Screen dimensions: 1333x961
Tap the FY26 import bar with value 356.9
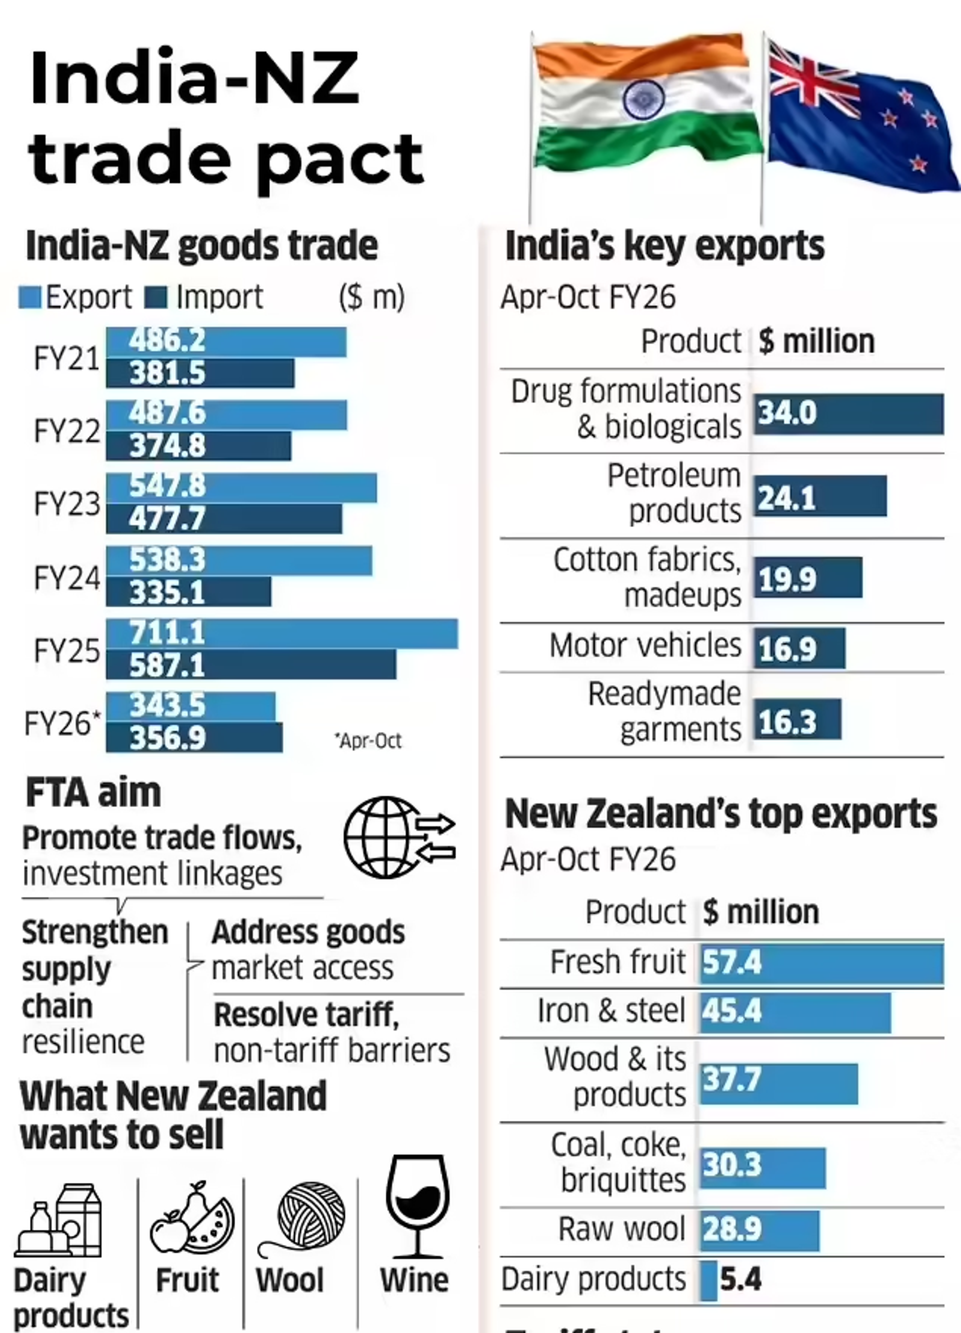click(x=194, y=738)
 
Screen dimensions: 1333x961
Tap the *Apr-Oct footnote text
click(x=368, y=741)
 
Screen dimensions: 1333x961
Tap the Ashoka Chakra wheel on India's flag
click(x=644, y=99)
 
